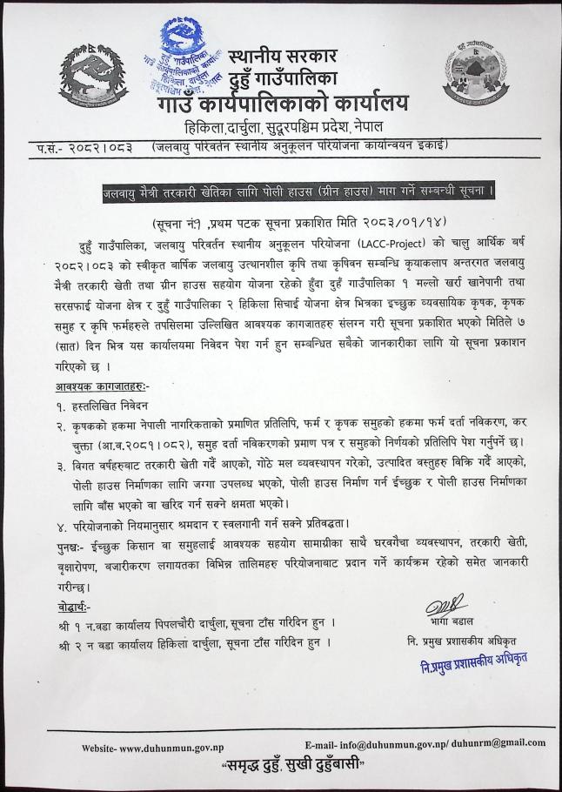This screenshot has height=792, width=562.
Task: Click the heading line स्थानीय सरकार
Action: click(282, 58)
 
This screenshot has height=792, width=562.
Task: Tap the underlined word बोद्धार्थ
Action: click(71, 607)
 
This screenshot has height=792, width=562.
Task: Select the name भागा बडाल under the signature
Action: click(446, 623)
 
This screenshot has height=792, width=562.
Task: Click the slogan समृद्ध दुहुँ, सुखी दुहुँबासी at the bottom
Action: click(291, 769)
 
